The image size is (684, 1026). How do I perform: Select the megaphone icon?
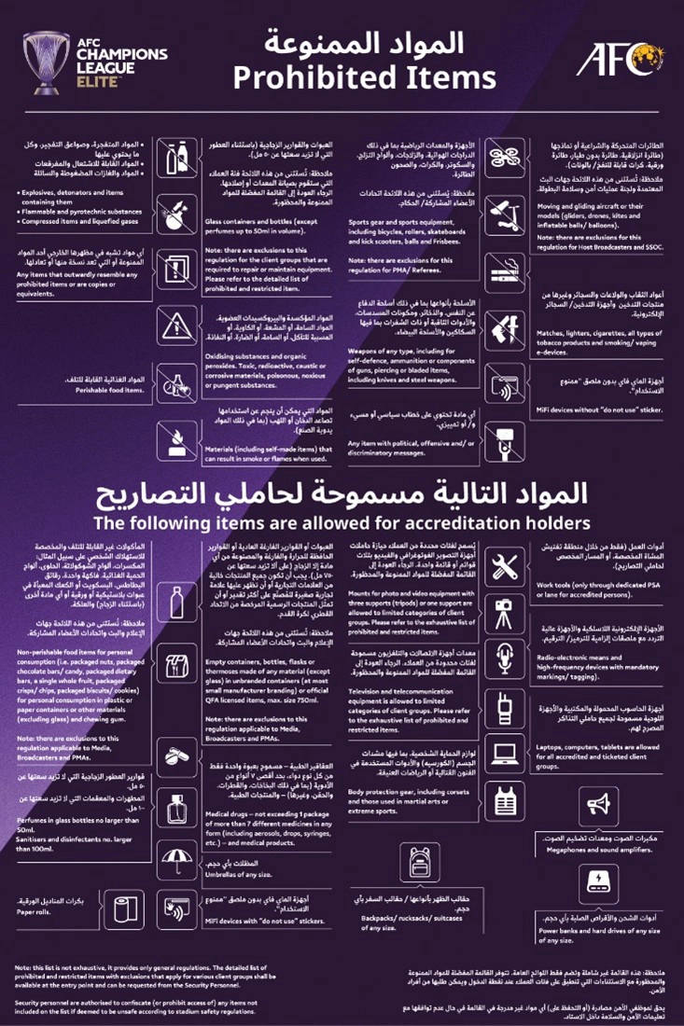point(597,803)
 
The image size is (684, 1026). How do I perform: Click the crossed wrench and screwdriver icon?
point(505,565)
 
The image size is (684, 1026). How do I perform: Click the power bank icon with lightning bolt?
point(597,880)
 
